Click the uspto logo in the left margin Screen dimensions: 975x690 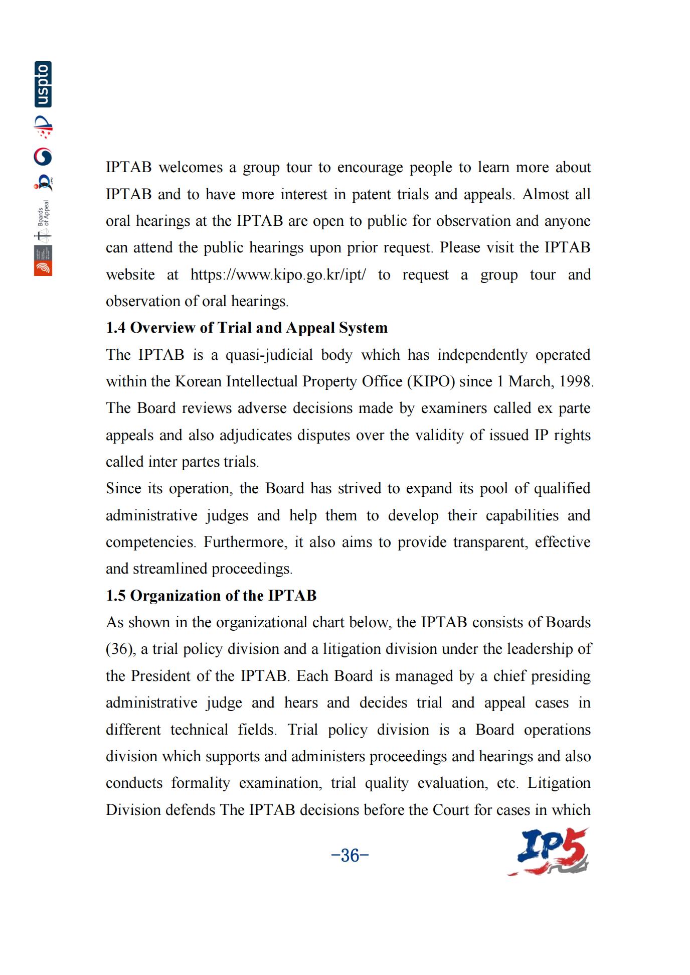click(x=43, y=84)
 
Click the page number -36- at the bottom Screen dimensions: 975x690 click(x=350, y=855)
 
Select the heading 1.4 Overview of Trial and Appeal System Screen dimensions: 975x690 click(x=246, y=328)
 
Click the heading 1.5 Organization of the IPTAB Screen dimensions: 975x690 click(x=211, y=595)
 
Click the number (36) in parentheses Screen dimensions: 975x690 click(x=120, y=649)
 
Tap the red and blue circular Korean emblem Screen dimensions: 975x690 click(x=43, y=157)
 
